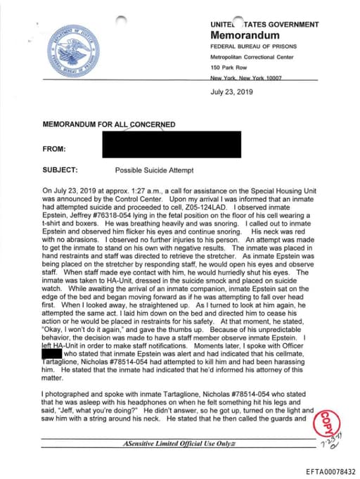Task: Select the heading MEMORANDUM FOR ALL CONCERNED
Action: point(109,124)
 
